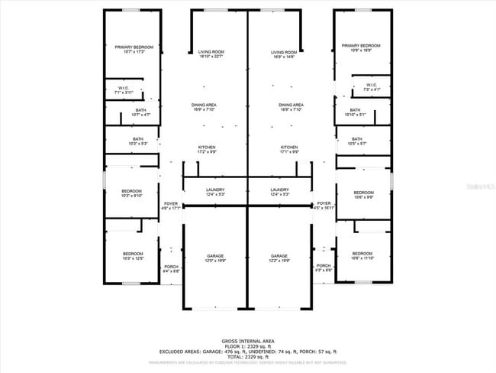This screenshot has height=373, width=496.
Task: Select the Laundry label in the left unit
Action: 214,191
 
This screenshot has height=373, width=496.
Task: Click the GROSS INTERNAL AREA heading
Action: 248,340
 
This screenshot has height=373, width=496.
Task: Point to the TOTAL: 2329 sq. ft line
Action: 248,357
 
